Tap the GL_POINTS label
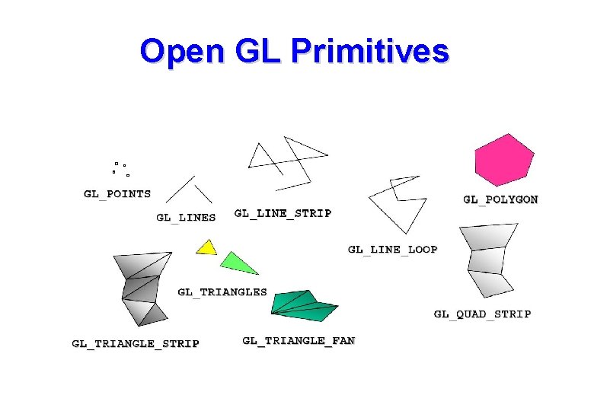coord(117,194)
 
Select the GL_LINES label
coord(186,217)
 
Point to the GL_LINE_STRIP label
coord(283,213)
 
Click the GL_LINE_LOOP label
coord(392,249)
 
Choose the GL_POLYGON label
coord(500,199)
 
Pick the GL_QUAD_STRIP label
coord(482,314)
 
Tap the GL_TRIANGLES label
coord(222,292)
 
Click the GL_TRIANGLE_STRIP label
coord(136,343)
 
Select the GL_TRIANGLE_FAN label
coord(299,340)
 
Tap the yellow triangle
coord(206,247)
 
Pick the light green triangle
coord(237,263)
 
